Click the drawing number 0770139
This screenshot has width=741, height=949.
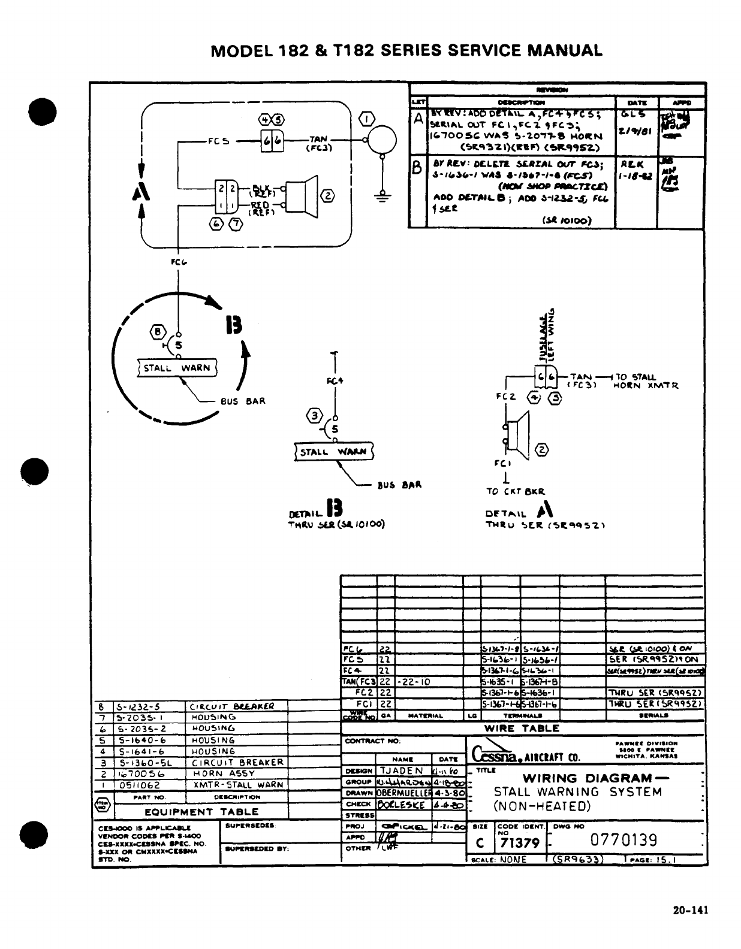pyautogui.click(x=623, y=840)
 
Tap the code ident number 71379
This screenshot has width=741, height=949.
pyautogui.click(x=520, y=843)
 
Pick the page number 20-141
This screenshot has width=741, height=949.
pyautogui.click(x=690, y=910)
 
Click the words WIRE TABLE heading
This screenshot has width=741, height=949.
pyautogui.click(x=522, y=729)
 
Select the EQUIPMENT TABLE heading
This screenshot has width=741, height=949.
pyautogui.click(x=201, y=812)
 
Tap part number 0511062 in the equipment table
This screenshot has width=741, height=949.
pyautogui.click(x=135, y=785)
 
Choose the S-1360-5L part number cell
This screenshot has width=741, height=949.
pyautogui.click(x=141, y=763)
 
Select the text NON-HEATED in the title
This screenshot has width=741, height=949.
pyautogui.click(x=542, y=806)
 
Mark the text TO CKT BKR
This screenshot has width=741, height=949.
pyautogui.click(x=516, y=491)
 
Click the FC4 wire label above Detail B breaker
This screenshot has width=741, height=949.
pyautogui.click(x=335, y=380)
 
